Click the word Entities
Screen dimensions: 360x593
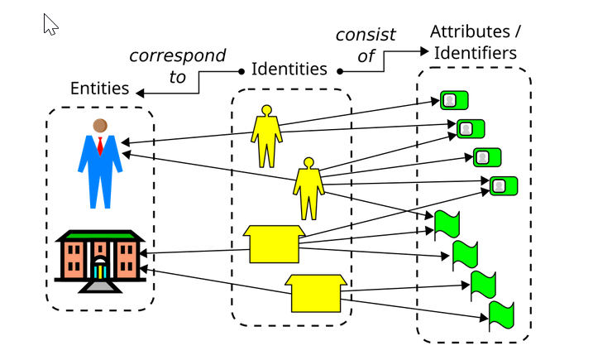(99, 89)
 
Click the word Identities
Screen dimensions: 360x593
(289, 70)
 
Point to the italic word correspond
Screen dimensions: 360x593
(177, 56)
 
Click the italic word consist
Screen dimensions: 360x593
(366, 36)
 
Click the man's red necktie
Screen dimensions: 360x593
(100, 146)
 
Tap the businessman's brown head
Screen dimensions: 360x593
(100, 126)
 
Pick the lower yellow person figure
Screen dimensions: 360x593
(308, 188)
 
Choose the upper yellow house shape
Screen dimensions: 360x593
(274, 243)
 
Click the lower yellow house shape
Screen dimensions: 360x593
(315, 292)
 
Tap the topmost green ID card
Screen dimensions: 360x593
(454, 100)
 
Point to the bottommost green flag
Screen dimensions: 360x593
(501, 315)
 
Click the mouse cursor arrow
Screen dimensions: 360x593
(50, 25)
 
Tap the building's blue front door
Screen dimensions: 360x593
(99, 271)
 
